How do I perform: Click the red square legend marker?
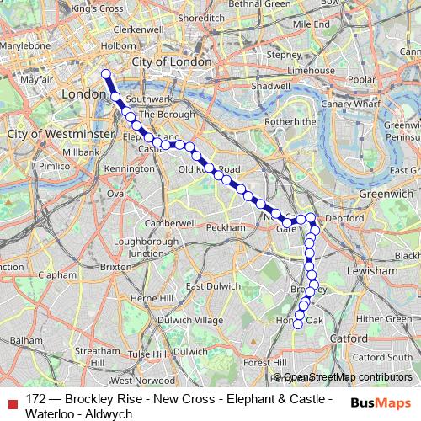click(x=11, y=402)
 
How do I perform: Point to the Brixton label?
click(x=117, y=266)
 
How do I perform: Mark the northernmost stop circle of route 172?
click(x=106, y=74)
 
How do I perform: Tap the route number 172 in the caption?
click(x=36, y=398)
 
